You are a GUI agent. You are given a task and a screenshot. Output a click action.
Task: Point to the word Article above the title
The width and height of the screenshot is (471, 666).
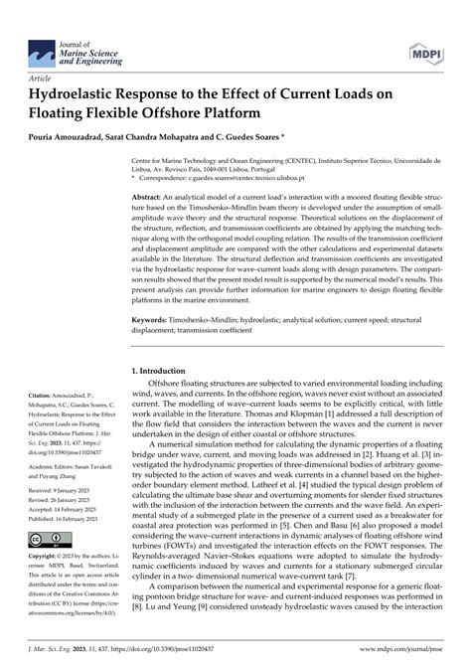pos(43,76)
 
